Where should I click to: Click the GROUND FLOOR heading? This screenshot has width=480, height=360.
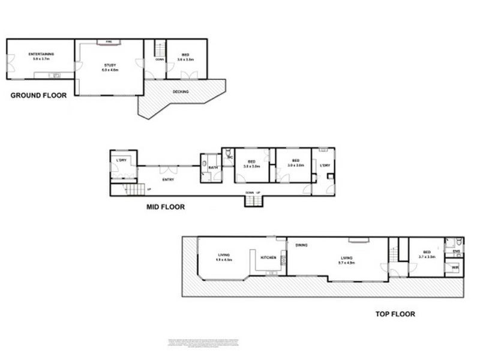pyautogui.click(x=38, y=95)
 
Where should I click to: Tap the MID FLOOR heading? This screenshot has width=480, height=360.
pyautogui.click(x=166, y=207)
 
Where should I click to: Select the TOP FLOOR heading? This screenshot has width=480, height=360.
pyautogui.click(x=395, y=314)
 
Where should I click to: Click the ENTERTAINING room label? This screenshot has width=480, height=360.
pyautogui.click(x=40, y=55)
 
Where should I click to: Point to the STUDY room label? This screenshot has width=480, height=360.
pyautogui.click(x=110, y=65)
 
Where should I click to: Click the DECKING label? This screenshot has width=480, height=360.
pyautogui.click(x=181, y=92)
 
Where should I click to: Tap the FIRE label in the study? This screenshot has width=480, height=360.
pyautogui.click(x=109, y=41)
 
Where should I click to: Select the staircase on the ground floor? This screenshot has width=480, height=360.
pyautogui.click(x=160, y=47)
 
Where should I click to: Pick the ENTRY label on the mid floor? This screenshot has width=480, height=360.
pyautogui.click(x=168, y=179)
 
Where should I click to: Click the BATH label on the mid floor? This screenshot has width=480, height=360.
pyautogui.click(x=212, y=167)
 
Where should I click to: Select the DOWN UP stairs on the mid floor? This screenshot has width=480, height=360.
pyautogui.click(x=253, y=199)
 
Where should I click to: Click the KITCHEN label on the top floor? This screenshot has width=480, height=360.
pyautogui.click(x=268, y=258)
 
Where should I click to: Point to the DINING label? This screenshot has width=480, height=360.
pyautogui.click(x=302, y=245)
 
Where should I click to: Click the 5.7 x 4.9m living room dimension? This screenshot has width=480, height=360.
pyautogui.click(x=347, y=263)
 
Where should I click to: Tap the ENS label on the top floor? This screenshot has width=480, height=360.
pyautogui.click(x=455, y=251)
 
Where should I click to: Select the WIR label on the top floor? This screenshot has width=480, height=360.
pyautogui.click(x=455, y=267)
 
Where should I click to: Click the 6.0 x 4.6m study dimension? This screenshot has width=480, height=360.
pyautogui.click(x=110, y=70)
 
